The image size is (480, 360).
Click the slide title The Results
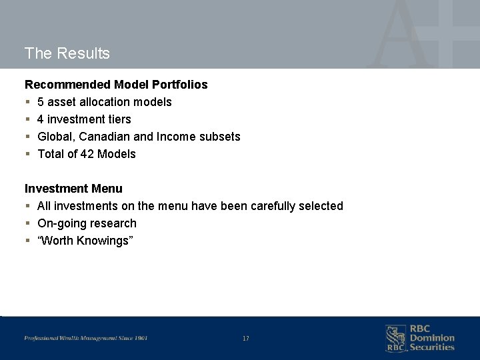coord(67,53)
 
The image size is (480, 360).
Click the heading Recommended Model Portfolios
coord(116,85)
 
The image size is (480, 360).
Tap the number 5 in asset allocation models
coord(41,102)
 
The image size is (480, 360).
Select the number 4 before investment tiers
coord(41,119)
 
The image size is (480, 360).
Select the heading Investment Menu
coord(73,189)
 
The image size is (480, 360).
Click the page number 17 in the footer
coord(246,339)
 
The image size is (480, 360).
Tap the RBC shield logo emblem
coord(395,337)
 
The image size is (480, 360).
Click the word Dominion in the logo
coord(432,338)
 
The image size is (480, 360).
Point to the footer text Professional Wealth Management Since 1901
coord(86,339)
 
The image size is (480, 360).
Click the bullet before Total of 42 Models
coord(27,155)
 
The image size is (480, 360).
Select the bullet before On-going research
coord(27,224)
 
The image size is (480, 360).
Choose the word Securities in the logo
coord(432,347)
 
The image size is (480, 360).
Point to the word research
coord(113,223)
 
